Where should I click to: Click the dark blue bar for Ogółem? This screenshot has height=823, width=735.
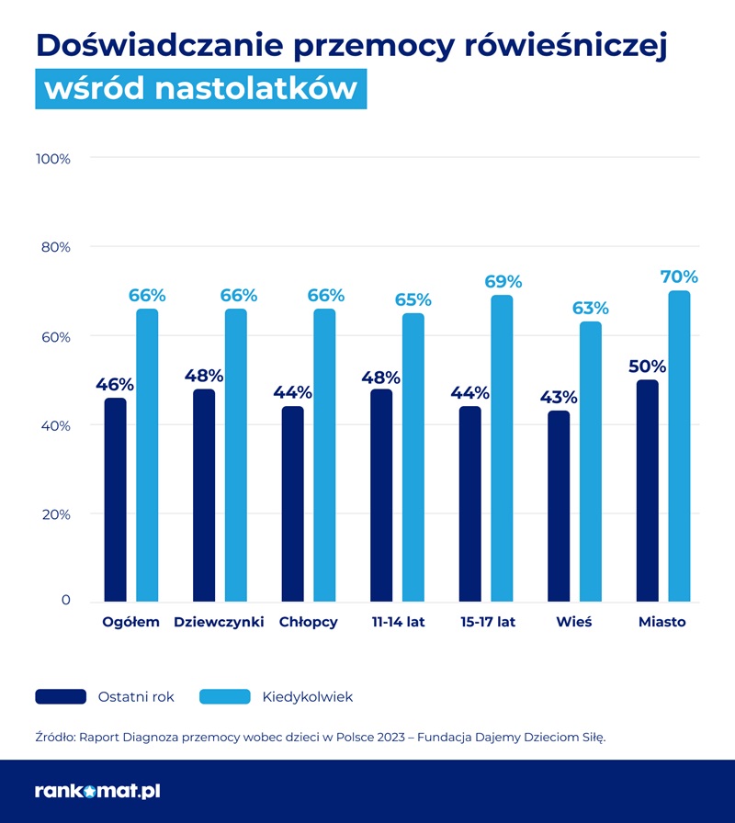(x=116, y=500)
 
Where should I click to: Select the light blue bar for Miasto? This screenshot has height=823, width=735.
(x=679, y=446)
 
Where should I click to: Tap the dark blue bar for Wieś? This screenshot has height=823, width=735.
(x=559, y=506)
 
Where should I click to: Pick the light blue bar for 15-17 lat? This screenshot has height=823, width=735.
(x=502, y=448)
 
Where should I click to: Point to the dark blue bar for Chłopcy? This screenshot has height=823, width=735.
(x=292, y=504)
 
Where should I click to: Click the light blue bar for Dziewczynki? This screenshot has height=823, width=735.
(x=236, y=455)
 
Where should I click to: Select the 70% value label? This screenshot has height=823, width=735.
(x=679, y=276)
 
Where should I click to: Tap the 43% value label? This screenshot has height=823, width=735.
(x=559, y=397)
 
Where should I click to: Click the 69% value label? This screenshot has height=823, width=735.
(x=503, y=281)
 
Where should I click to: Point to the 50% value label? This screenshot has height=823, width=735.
(x=647, y=366)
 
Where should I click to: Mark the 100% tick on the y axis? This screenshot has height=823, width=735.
(x=53, y=159)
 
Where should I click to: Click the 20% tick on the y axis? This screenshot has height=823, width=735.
(x=55, y=514)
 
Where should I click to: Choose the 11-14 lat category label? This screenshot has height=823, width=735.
(x=399, y=622)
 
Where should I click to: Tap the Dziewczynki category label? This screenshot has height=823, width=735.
(x=219, y=622)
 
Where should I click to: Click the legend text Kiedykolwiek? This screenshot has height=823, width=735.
(x=307, y=697)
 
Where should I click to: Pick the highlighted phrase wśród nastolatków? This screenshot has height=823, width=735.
(x=200, y=88)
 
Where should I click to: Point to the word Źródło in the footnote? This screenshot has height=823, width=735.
(x=54, y=737)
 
